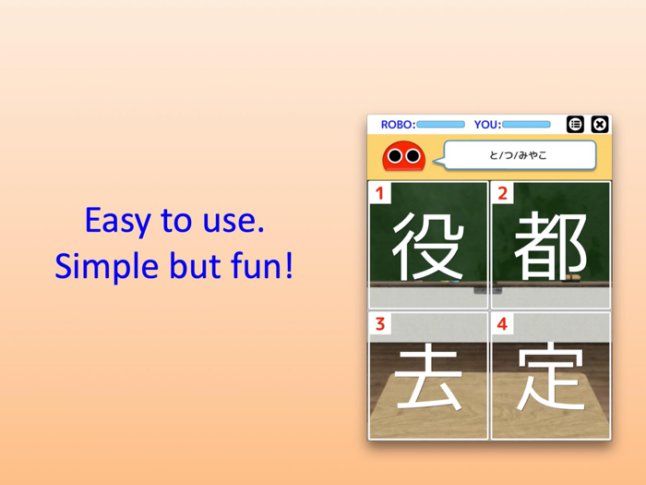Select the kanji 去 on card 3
click(427, 378)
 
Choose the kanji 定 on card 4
click(551, 378)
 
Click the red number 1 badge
click(379, 194)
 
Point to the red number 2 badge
click(502, 194)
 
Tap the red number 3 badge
click(379, 324)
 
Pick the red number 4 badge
click(502, 324)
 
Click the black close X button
click(599, 125)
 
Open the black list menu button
click(576, 125)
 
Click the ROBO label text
click(397, 125)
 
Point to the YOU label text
click(486, 125)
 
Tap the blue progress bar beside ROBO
click(440, 125)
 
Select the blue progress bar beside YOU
click(526, 125)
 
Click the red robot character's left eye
click(395, 157)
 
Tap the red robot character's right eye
click(413, 157)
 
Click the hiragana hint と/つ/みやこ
click(518, 155)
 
